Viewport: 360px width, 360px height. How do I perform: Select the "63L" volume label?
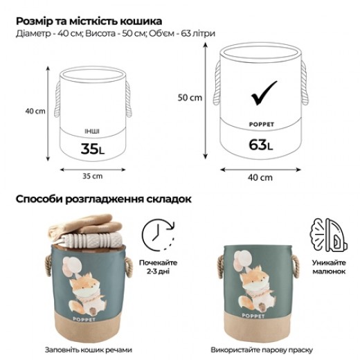click(x=260, y=145)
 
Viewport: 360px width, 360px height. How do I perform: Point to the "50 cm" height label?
click(x=190, y=98)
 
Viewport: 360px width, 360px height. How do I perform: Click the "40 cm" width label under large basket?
click(x=260, y=177)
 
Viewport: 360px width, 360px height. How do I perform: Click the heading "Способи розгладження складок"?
click(x=104, y=199)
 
